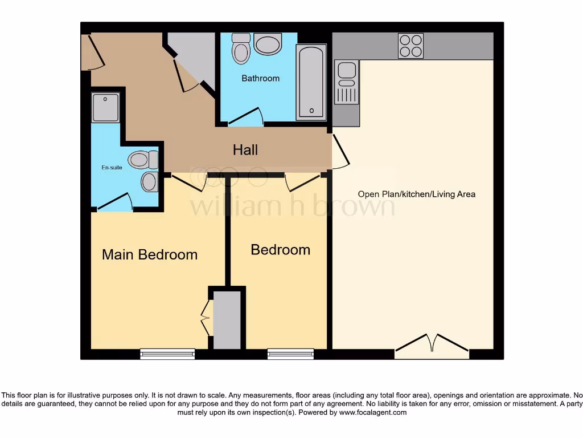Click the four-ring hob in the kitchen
[x=411, y=46]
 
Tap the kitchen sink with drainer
[x=346, y=83]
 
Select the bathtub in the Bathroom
[x=311, y=82]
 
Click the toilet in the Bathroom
[x=241, y=48]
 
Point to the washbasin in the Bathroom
[x=268, y=43]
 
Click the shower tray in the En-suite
[x=105, y=108]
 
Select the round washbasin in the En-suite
[x=149, y=182]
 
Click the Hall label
[x=245, y=150]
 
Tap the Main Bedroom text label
[x=150, y=254]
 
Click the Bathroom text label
[x=261, y=78]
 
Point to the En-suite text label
[x=112, y=168]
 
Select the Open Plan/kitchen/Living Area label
[x=416, y=194]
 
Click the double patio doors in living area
[x=432, y=347]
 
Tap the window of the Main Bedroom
[x=167, y=354]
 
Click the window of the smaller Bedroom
[x=290, y=354]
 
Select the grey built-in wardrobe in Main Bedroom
[x=227, y=319]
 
